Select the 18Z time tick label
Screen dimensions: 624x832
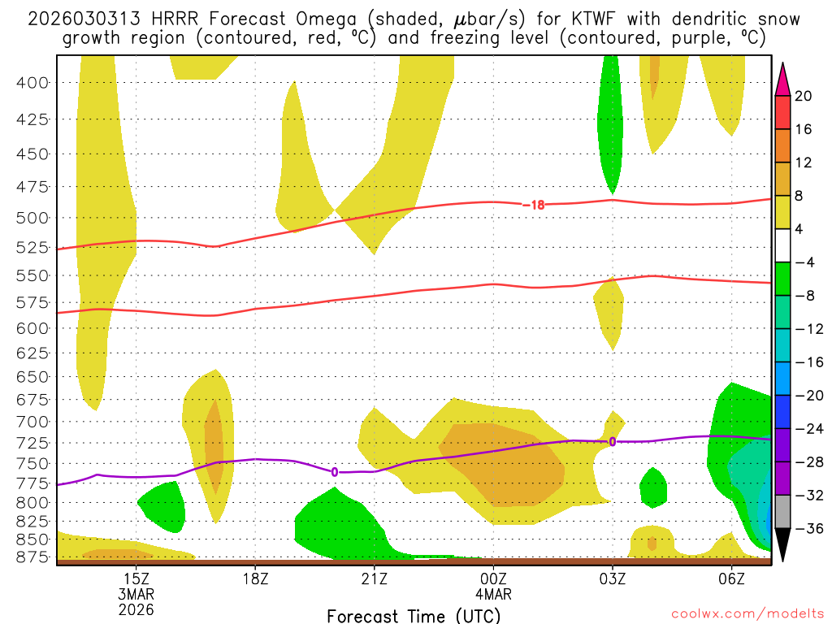click(x=255, y=578)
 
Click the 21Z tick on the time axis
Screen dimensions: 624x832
click(x=375, y=578)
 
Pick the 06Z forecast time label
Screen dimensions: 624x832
click(x=732, y=578)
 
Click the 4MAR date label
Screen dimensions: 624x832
click(x=493, y=594)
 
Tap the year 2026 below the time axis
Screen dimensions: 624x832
click(x=136, y=609)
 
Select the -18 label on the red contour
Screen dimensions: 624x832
click(x=533, y=205)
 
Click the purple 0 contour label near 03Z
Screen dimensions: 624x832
click(x=613, y=441)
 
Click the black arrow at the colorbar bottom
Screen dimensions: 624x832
click(x=782, y=544)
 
